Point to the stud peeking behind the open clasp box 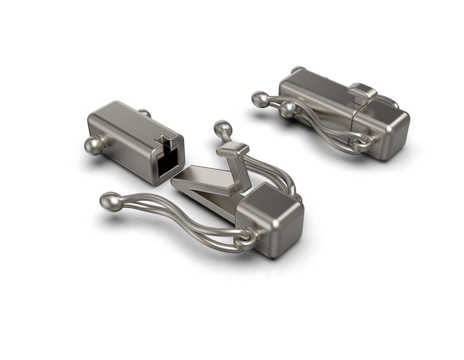145,114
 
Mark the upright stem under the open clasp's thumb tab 238,172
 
